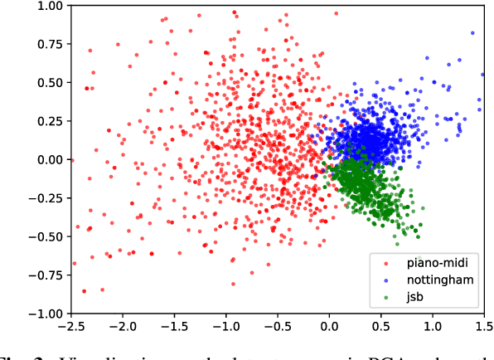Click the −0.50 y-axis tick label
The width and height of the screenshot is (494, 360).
(x=46, y=237)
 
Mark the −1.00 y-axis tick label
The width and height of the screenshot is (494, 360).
(x=46, y=314)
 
